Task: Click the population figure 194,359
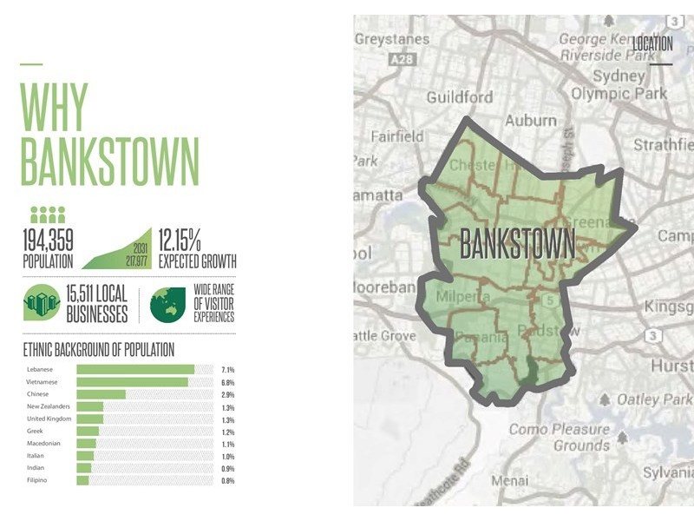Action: click(x=49, y=239)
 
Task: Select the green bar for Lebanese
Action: click(x=135, y=369)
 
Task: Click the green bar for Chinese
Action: click(x=101, y=394)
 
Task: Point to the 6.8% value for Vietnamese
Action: click(x=228, y=381)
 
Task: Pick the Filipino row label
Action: click(x=36, y=480)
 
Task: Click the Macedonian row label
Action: click(x=43, y=443)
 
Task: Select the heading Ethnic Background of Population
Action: click(x=99, y=350)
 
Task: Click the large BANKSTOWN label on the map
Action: click(x=517, y=244)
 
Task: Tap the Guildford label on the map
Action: click(x=459, y=97)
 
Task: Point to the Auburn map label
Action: click(x=531, y=120)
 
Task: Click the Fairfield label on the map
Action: click(x=397, y=136)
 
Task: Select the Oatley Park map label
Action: click(x=654, y=399)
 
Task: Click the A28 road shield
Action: click(x=402, y=60)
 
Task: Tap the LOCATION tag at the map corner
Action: click(x=652, y=43)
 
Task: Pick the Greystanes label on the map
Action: click(x=392, y=40)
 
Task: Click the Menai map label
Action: click(x=509, y=480)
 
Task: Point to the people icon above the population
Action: click(x=48, y=214)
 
